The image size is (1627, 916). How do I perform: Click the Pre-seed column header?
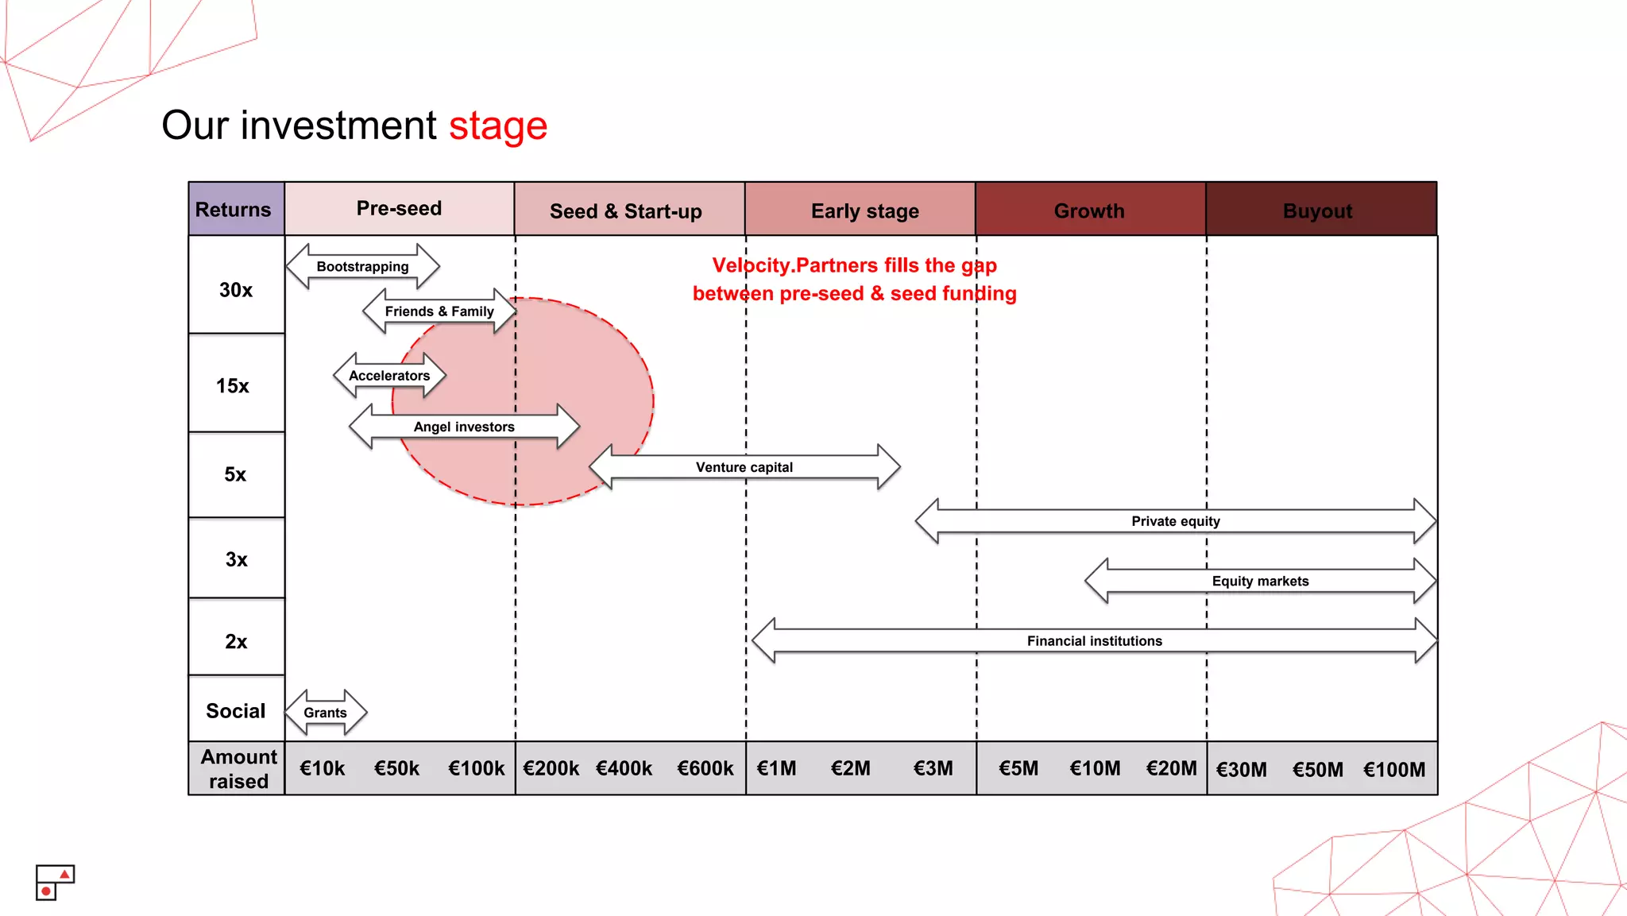pyautogui.click(x=399, y=209)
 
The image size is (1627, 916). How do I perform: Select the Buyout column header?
pyautogui.click(x=1317, y=211)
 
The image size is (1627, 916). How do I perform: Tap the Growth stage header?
pyautogui.click(x=1089, y=211)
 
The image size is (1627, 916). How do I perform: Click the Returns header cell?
pyautogui.click(x=234, y=210)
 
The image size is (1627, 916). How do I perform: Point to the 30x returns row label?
pyautogui.click(x=236, y=290)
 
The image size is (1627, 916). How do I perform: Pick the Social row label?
pyautogui.click(x=236, y=711)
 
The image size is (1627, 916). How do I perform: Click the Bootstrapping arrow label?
pyautogui.click(x=362, y=267)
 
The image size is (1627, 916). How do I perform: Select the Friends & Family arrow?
pyautogui.click(x=439, y=311)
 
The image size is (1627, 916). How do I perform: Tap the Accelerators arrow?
pyautogui.click(x=389, y=376)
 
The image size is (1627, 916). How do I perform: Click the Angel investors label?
pyautogui.click(x=464, y=427)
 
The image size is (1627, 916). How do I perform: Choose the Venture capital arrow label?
pyautogui.click(x=744, y=467)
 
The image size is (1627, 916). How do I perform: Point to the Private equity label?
pyautogui.click(x=1176, y=521)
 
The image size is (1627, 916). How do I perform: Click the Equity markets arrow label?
pyautogui.click(x=1260, y=582)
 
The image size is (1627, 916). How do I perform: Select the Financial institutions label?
pyautogui.click(x=1094, y=641)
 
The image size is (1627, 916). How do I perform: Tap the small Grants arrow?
pyautogui.click(x=325, y=713)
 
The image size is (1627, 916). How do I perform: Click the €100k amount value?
pyautogui.click(x=476, y=769)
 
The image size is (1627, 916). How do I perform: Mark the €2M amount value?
pyautogui.click(x=850, y=769)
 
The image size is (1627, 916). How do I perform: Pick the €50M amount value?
pyautogui.click(x=1317, y=770)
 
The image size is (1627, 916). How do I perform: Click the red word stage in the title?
pyautogui.click(x=498, y=126)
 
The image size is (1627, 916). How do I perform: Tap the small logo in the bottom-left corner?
pyautogui.click(x=55, y=883)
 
